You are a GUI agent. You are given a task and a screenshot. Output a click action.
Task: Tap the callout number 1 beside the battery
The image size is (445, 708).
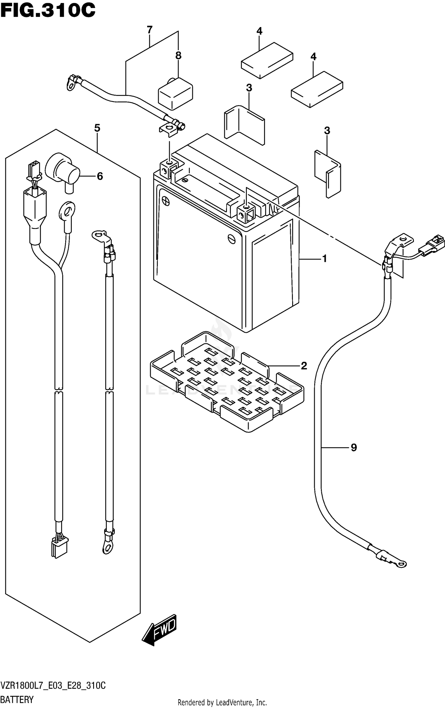tap(324, 259)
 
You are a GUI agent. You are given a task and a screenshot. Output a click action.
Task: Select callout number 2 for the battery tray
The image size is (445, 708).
tap(304, 366)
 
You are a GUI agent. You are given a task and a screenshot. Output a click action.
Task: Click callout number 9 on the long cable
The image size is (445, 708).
tap(354, 447)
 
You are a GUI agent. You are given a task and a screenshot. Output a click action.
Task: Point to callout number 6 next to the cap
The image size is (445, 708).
tap(100, 176)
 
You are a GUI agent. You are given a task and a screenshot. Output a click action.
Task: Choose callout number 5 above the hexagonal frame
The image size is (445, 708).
tap(97, 128)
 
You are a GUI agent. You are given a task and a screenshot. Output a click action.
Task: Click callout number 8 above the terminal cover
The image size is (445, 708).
tap(178, 56)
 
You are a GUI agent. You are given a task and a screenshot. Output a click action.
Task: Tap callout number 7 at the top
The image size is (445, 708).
tap(150, 30)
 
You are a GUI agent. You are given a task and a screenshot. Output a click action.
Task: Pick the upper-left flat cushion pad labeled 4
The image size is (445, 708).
tap(267, 60)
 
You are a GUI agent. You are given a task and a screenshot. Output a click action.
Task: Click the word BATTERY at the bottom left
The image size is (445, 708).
tap(17, 699)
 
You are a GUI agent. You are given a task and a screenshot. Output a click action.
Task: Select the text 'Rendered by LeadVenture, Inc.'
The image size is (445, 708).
tap(222, 702)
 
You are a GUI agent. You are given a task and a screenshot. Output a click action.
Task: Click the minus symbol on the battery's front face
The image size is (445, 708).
tap(231, 238)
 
